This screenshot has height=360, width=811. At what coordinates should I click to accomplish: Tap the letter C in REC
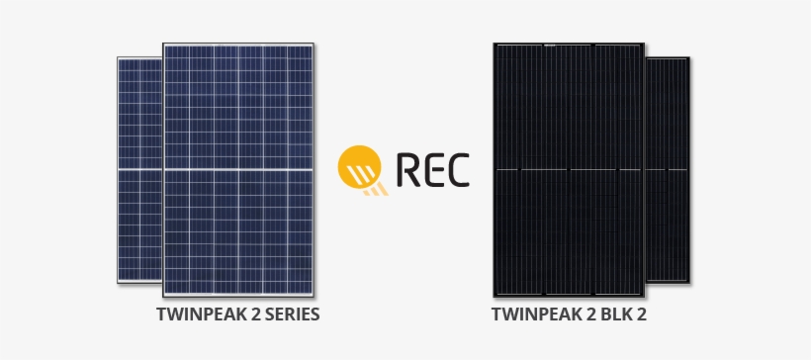(x=457, y=170)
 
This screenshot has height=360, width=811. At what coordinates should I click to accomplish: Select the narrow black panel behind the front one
(x=668, y=168)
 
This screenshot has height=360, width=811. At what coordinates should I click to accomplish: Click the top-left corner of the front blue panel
(x=163, y=44)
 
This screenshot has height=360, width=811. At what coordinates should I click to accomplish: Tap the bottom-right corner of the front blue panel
(x=315, y=296)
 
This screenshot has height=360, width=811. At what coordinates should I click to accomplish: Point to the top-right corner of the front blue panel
(x=315, y=44)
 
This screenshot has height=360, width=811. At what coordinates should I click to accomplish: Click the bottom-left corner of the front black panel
(x=494, y=296)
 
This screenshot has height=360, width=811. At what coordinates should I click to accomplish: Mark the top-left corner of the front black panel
(x=494, y=44)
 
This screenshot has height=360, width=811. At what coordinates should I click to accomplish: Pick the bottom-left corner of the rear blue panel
(x=118, y=285)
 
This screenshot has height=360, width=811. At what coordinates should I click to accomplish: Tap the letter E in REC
(x=432, y=170)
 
